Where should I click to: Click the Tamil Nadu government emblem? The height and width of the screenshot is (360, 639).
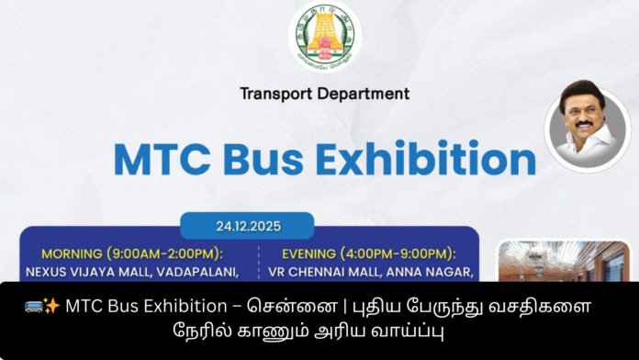tap(325, 36)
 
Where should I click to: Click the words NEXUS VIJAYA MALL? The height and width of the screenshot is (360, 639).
tap(82, 272)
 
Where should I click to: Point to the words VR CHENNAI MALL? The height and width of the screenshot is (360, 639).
tap(323, 272)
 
